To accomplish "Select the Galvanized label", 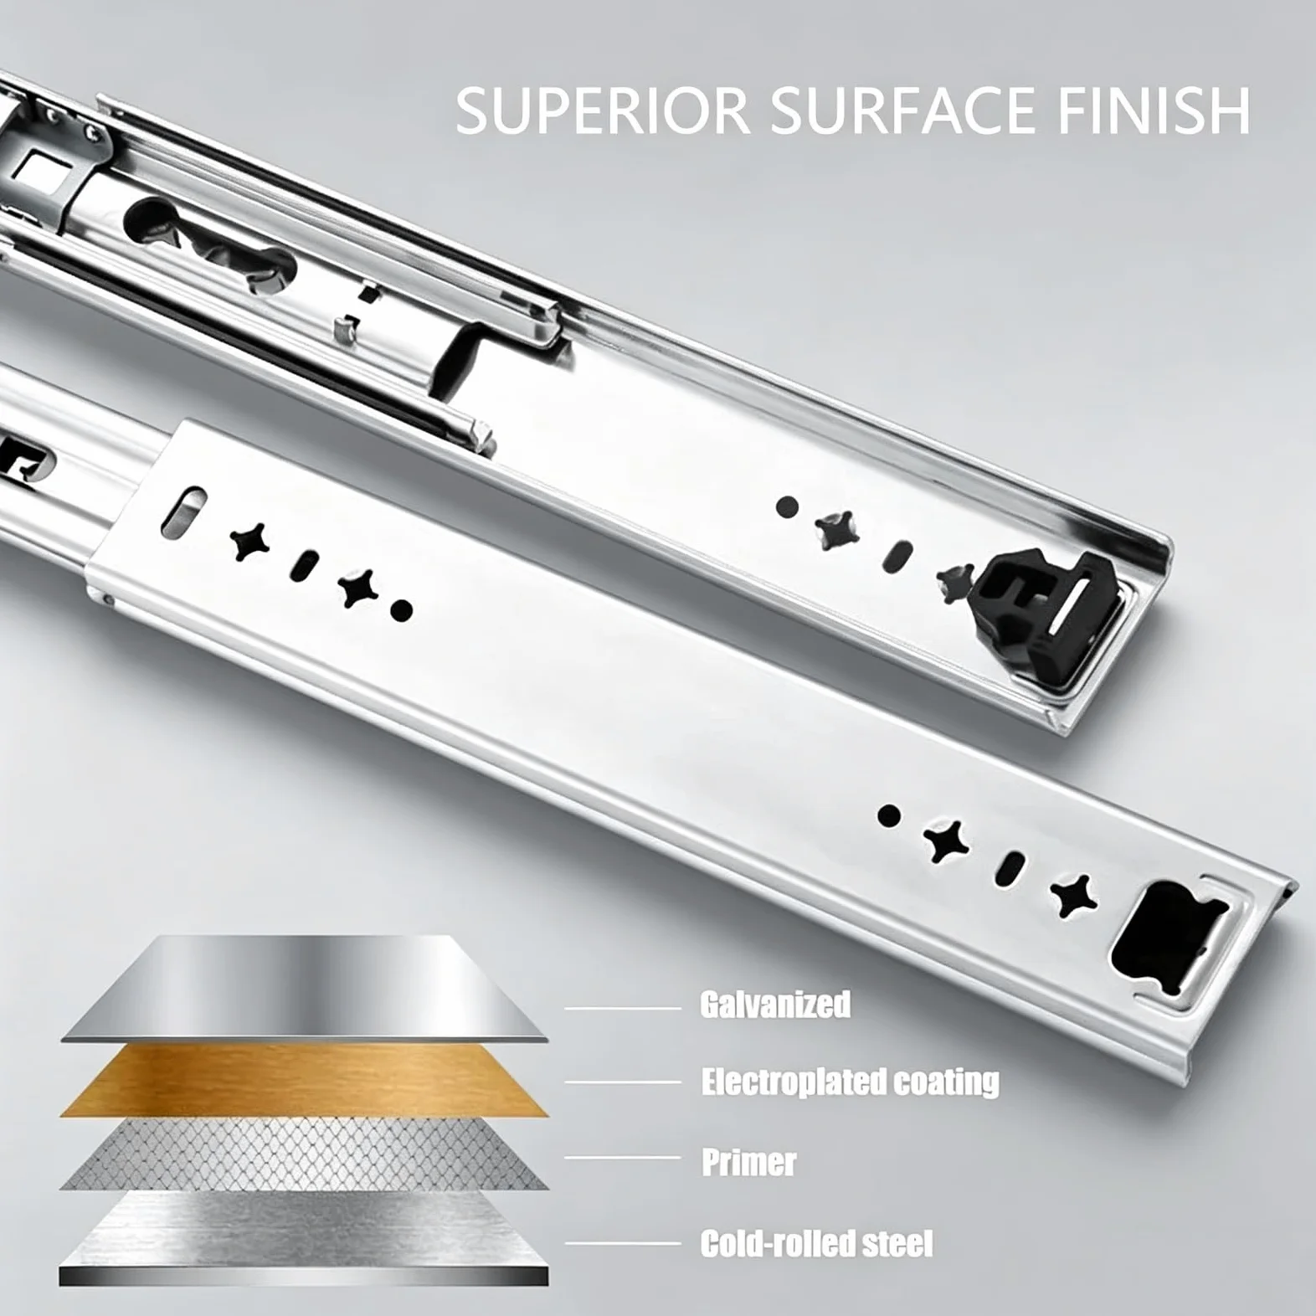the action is point(775,1005).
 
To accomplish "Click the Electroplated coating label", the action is point(851,1082).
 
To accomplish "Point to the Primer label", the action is point(748,1162).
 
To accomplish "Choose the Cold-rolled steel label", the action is point(816,1243).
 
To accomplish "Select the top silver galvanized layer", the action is point(305,988).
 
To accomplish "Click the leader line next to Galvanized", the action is point(623,1008).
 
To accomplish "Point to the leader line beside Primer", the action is point(623,1158).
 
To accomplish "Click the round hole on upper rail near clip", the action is point(787,506).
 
